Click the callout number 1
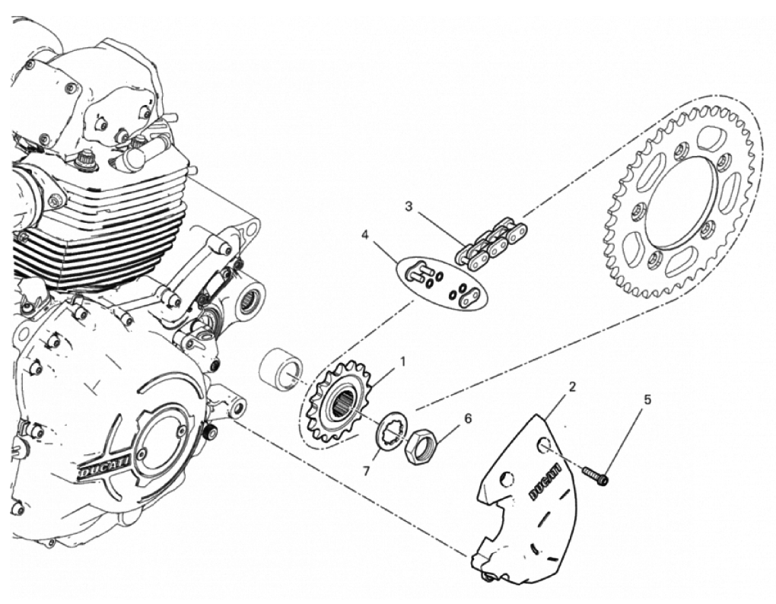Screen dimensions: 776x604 (403, 362)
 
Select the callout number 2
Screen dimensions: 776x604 (572, 387)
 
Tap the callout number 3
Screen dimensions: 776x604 (409, 206)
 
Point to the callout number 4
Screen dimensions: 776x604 (365, 235)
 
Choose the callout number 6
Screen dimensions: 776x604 (467, 418)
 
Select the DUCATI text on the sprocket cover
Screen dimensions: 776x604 (545, 482)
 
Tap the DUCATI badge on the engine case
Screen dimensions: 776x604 (105, 465)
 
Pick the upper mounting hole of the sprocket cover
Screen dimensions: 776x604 (543, 445)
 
